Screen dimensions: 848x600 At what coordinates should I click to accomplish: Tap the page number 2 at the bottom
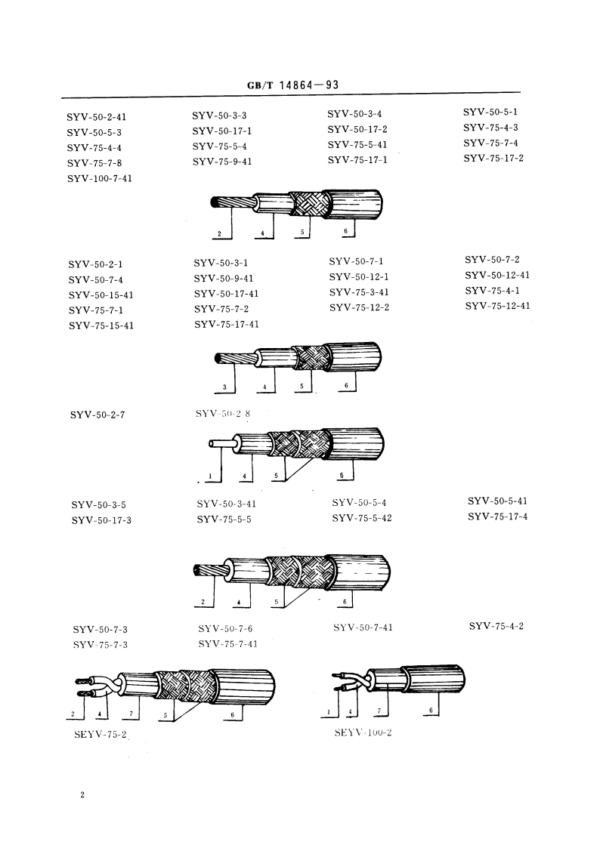click(82, 795)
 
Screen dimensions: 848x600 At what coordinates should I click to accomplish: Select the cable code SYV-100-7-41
click(100, 178)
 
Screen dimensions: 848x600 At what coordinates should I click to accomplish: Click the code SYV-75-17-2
click(493, 159)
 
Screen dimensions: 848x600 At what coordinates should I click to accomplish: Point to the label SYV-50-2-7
click(97, 415)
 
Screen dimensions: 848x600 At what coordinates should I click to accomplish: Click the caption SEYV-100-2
click(363, 732)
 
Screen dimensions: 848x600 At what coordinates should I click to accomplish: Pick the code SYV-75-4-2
click(496, 625)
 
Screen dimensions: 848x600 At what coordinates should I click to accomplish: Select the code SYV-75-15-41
click(101, 325)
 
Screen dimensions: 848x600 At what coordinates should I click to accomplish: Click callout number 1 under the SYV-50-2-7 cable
click(210, 476)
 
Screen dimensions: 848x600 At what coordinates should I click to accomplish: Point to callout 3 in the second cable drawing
click(224, 387)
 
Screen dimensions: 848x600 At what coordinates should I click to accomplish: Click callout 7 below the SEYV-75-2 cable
click(131, 713)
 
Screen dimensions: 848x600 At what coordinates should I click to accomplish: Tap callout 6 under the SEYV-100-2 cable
click(431, 710)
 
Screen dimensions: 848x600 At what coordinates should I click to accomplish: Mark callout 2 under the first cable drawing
click(219, 233)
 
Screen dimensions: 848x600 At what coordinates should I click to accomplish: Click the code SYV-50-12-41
click(496, 275)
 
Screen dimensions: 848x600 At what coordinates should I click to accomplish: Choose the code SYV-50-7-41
click(363, 627)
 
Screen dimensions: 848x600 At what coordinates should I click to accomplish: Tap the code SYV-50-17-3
click(101, 520)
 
